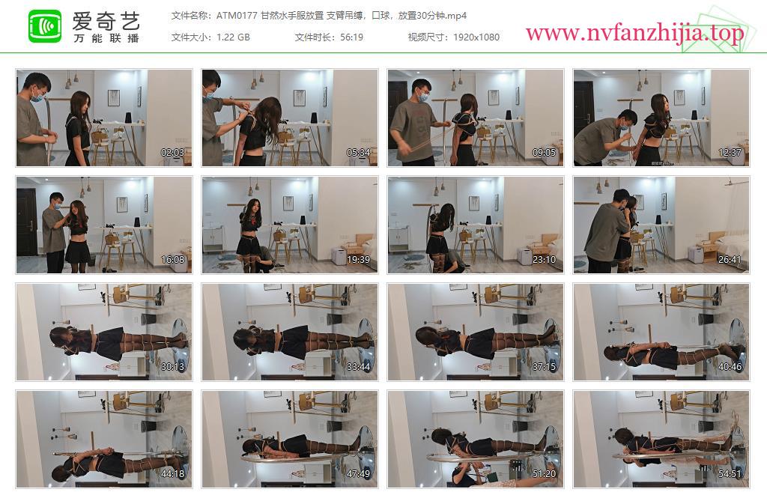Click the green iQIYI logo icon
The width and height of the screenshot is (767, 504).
(x=45, y=26)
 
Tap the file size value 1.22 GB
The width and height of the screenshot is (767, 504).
(x=234, y=37)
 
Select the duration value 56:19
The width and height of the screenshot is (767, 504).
(x=352, y=37)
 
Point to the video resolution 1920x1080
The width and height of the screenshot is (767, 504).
(x=476, y=37)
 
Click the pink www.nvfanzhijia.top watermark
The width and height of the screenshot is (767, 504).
(x=634, y=33)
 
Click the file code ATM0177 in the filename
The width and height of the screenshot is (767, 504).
(x=237, y=16)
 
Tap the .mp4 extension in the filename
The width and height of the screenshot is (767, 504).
(x=455, y=16)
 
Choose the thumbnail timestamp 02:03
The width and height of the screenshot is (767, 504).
(x=173, y=153)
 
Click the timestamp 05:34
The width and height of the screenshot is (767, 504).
(x=358, y=153)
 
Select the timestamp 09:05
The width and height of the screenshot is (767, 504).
(x=544, y=153)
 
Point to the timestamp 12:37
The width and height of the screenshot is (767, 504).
(x=730, y=153)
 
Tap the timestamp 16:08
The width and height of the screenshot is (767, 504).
(x=173, y=260)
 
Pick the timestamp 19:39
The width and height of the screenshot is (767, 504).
(x=358, y=260)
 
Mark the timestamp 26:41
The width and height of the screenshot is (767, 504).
(x=730, y=260)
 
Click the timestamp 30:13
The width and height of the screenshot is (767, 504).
(x=173, y=367)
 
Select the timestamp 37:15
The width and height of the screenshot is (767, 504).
(x=544, y=367)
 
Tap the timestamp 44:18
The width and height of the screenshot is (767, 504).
(x=173, y=474)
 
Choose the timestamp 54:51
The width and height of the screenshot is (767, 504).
(x=730, y=474)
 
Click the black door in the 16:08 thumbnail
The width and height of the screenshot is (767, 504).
(x=26, y=222)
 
